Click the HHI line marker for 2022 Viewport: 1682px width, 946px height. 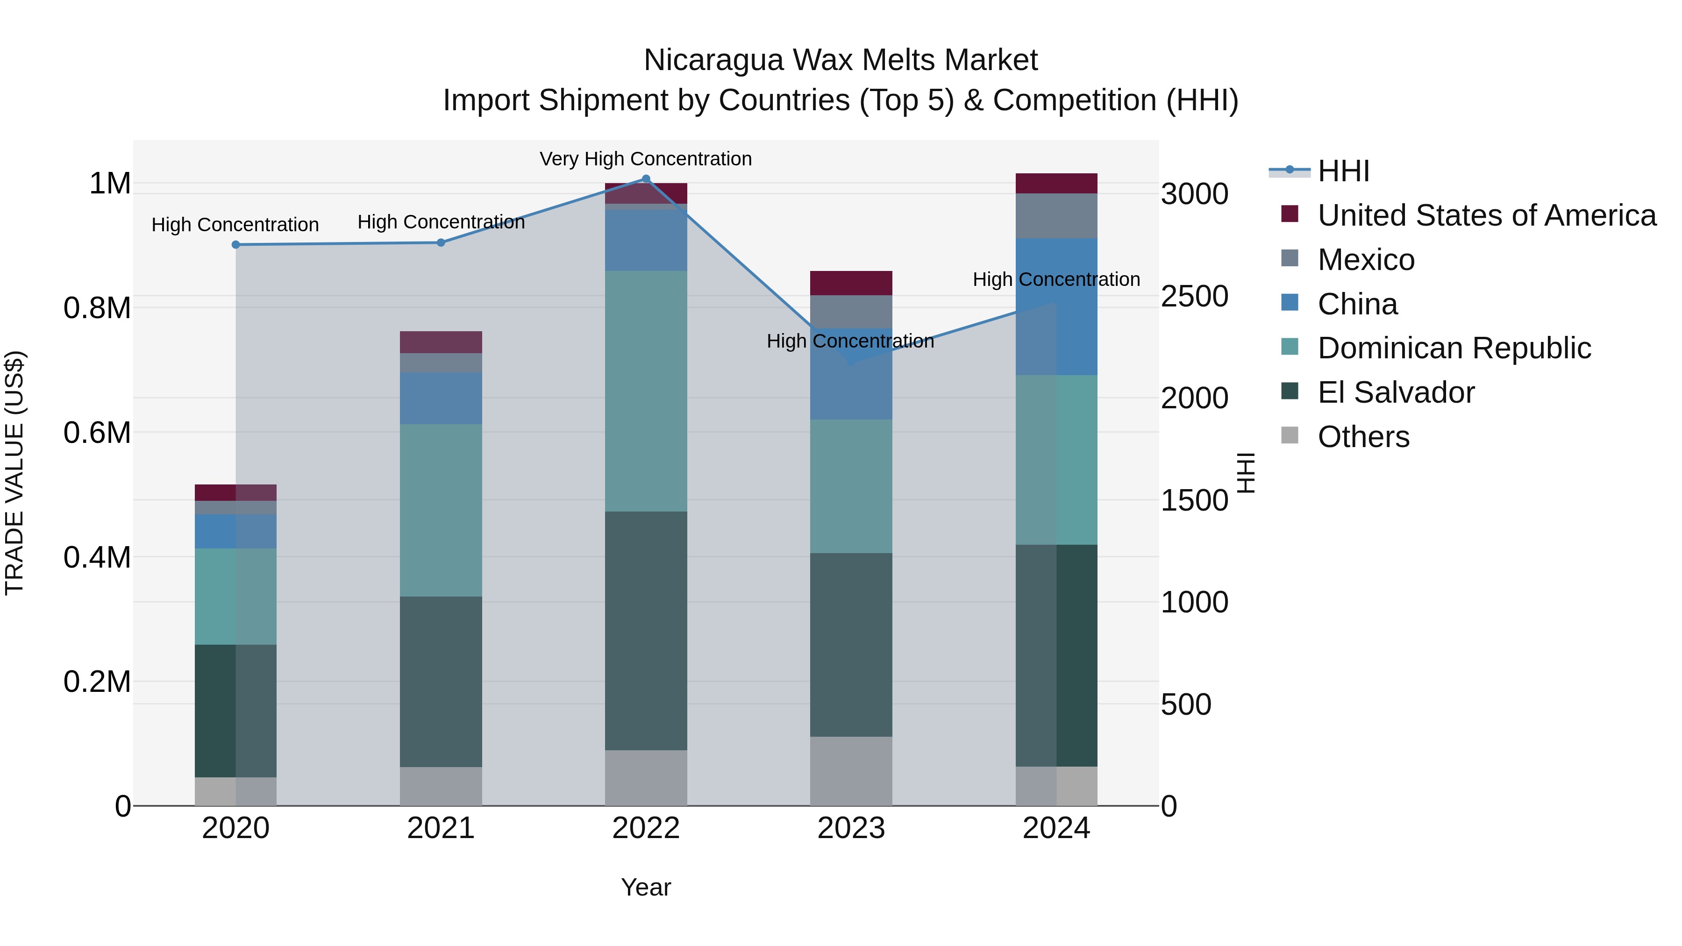click(x=646, y=179)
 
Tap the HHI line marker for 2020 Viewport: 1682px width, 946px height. click(x=236, y=245)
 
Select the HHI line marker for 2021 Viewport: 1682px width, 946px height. click(x=441, y=243)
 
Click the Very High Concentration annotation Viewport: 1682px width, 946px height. click(x=645, y=159)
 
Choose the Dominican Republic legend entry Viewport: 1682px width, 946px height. click(x=1454, y=348)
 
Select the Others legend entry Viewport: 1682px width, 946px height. click(x=1363, y=437)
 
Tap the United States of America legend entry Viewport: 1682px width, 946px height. click(x=1486, y=215)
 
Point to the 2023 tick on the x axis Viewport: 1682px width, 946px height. click(x=851, y=828)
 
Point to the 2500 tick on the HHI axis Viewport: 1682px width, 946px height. click(x=1194, y=296)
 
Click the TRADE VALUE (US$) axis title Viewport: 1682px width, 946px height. click(x=14, y=473)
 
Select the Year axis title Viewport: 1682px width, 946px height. click(x=646, y=887)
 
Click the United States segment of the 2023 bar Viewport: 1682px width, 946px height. click(x=851, y=283)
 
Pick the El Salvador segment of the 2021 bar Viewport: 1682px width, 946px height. click(x=441, y=681)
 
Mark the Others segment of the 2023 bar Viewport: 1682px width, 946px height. click(x=851, y=771)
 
